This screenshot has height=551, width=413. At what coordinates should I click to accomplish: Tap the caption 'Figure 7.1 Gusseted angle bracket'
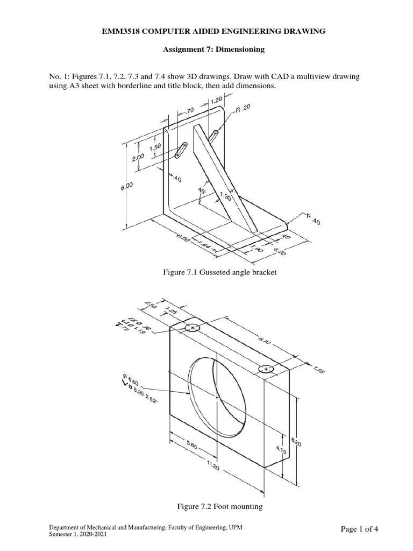(x=219, y=273)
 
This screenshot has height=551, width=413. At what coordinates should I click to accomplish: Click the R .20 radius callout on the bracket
(x=243, y=109)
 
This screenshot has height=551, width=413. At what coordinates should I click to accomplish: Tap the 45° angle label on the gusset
(x=202, y=191)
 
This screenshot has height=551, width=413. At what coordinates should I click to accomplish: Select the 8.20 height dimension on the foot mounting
(x=295, y=444)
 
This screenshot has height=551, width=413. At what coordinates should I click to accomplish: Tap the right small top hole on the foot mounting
(x=266, y=369)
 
